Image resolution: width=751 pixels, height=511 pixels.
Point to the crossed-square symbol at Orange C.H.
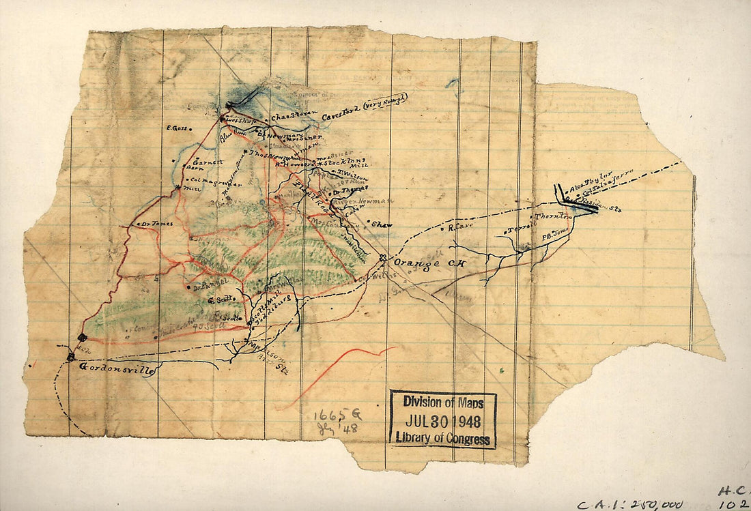pos(383,258)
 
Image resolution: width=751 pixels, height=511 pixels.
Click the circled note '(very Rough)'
pos(384,102)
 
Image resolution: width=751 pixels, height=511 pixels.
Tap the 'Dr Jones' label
pos(156,223)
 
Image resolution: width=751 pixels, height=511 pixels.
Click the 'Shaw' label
pos(381,223)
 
